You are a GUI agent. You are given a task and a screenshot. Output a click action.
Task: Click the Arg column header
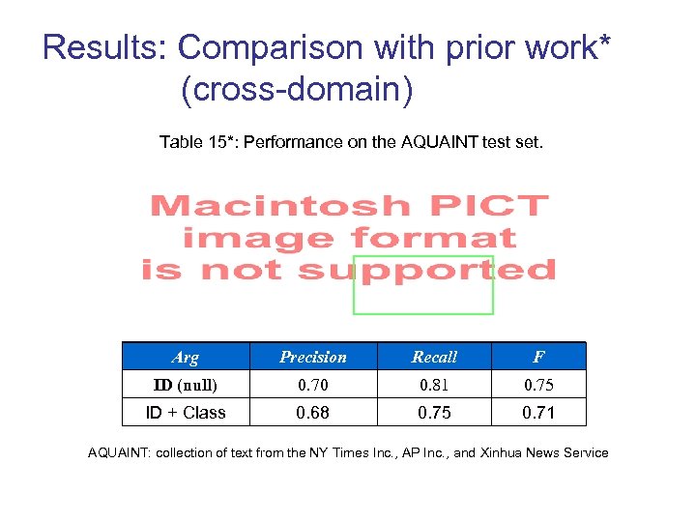[185, 357]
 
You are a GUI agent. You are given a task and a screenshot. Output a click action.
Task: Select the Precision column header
[312, 357]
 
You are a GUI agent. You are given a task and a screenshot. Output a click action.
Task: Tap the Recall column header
[434, 357]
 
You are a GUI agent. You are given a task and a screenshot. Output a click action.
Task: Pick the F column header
[538, 357]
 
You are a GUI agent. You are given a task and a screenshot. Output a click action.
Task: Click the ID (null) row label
[185, 385]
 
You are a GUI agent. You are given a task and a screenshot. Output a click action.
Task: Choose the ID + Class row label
[185, 413]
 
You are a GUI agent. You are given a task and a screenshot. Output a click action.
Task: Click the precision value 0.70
[312, 385]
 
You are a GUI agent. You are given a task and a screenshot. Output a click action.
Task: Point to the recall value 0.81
[434, 385]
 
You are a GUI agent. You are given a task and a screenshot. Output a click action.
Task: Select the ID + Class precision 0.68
[312, 413]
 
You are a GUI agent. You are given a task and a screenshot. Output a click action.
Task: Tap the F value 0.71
[538, 413]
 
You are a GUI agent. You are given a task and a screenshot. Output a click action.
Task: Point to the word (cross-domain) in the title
[297, 90]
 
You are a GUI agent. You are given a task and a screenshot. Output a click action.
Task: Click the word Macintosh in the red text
[279, 206]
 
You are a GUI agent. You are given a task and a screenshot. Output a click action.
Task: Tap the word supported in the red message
[426, 270]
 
